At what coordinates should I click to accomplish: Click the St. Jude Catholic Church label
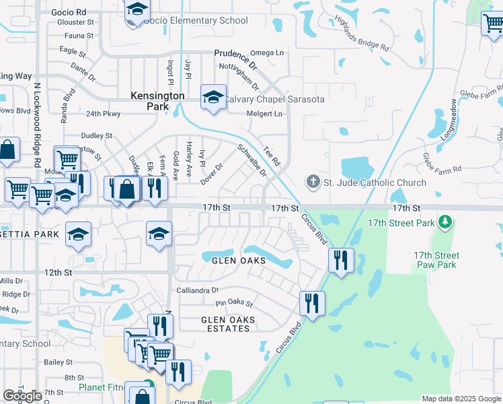pyautogui.click(x=375, y=182)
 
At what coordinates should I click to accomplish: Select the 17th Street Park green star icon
pyautogui.click(x=444, y=222)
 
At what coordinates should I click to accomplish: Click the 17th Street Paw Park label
pyautogui.click(x=436, y=260)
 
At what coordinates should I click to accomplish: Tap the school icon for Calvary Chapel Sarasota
pyautogui.click(x=213, y=98)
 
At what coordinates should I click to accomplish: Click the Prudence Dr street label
pyautogui.click(x=235, y=59)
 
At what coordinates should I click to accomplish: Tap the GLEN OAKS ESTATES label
pyautogui.click(x=225, y=324)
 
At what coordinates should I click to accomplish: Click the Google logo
pyautogui.click(x=22, y=396)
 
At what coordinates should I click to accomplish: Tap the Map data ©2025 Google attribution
pyautogui.click(x=461, y=399)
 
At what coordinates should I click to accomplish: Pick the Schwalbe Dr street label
pyautogui.click(x=252, y=160)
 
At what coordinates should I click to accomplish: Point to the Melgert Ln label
pyautogui.click(x=264, y=114)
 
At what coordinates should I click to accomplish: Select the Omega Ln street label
pyautogui.click(x=267, y=53)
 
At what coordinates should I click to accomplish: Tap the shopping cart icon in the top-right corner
pyautogui.click(x=493, y=23)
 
